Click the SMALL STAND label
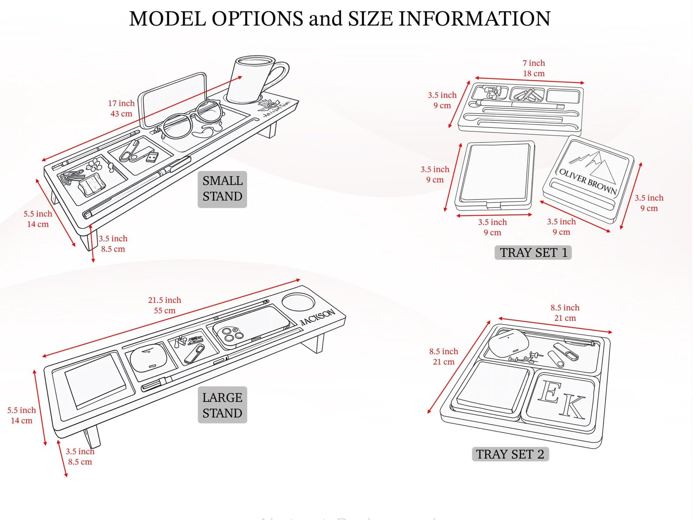pos(222,189)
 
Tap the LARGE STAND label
pos(222,405)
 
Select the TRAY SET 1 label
pos(533,252)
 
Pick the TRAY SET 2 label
pos(510,454)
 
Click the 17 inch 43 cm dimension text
pos(121,108)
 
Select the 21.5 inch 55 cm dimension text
pos(165,305)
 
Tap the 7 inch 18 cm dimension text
pos(534,68)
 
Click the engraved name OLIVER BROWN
pos(588,181)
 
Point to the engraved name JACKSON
pos(317,317)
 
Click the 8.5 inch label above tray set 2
pos(565,308)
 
